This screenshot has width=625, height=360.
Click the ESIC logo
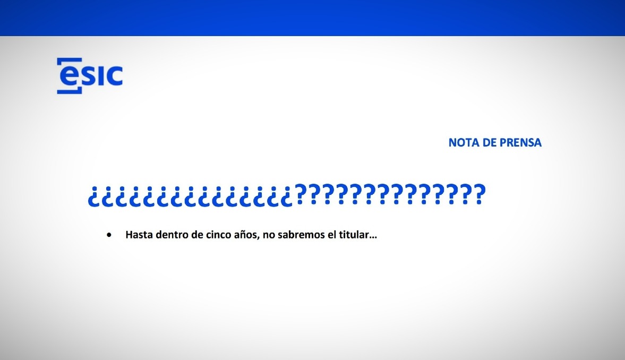pos(90,76)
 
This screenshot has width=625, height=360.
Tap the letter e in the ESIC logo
pos(70,76)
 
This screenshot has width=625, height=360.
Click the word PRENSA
pos(520,143)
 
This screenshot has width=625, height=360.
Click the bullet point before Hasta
pos(109,235)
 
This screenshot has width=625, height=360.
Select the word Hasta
pos(139,234)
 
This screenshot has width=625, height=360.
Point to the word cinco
pos(218,234)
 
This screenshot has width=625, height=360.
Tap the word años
pos(247,235)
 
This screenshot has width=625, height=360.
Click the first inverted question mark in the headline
pos(93,196)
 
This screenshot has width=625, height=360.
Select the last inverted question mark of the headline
pos(287,196)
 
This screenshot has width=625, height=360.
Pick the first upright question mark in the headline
pos(301,194)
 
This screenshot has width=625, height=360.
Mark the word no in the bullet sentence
pos(269,235)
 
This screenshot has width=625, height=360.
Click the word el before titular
pos(332,234)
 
